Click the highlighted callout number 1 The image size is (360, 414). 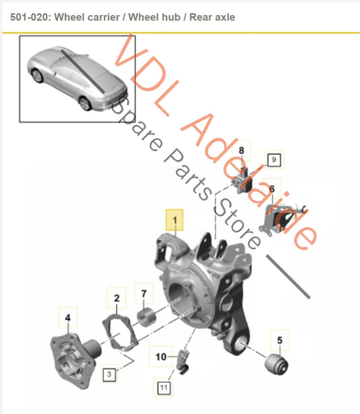174,220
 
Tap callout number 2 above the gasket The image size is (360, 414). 117,299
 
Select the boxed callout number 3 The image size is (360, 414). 109,373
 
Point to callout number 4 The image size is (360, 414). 68,317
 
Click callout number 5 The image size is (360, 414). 280,340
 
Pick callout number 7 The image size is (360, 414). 144,294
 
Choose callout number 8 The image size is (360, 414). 241,151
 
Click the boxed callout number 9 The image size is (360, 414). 274,160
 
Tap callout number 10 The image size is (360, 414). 161,357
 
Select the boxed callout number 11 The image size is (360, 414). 163,388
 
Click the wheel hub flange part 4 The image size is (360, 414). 76,359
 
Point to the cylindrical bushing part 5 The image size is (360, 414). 276,365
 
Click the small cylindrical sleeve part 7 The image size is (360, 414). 147,317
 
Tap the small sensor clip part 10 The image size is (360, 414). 183,361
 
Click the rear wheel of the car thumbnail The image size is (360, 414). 85,103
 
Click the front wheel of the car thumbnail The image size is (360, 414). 37,76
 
